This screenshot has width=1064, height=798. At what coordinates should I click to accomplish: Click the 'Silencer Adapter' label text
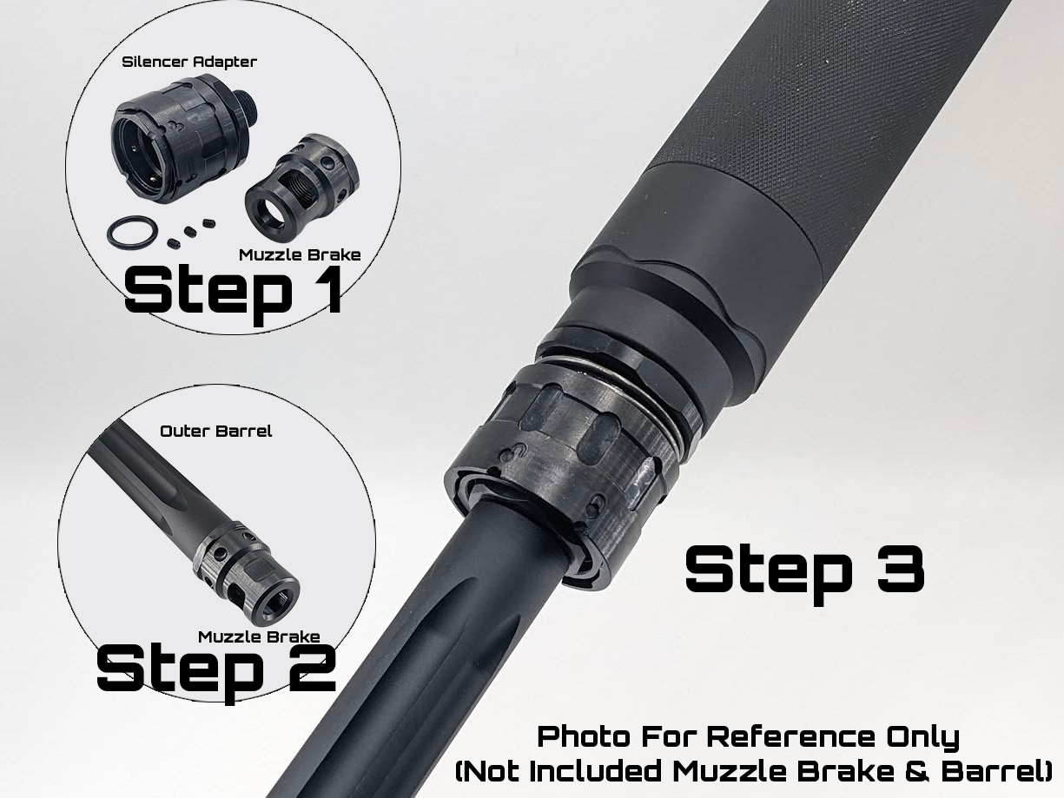[189, 62]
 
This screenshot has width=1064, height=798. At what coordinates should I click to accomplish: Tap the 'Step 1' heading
[233, 292]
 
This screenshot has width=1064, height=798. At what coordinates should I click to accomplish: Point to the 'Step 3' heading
[805, 575]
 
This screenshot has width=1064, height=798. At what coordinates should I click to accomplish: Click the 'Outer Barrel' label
[215, 432]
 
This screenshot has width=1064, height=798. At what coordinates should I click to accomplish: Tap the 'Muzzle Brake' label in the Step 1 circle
[300, 255]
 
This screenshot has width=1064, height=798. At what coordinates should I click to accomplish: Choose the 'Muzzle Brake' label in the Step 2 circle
[259, 636]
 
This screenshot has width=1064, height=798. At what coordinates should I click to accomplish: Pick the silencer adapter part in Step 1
[181, 142]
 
